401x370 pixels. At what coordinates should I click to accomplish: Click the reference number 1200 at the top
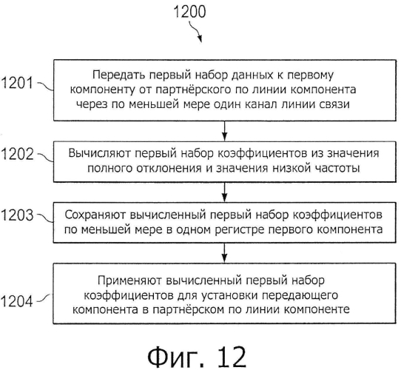tap(189, 12)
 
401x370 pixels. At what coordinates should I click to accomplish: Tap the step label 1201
tap(18, 83)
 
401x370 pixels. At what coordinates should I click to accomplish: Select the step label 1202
tap(18, 154)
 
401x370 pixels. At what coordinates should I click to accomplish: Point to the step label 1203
tap(18, 215)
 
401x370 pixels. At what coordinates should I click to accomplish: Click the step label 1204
tap(17, 301)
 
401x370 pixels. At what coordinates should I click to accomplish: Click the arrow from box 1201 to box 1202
tap(224, 130)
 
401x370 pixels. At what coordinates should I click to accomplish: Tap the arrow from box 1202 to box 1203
tap(224, 192)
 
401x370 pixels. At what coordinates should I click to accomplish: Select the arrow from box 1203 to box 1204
tap(224, 253)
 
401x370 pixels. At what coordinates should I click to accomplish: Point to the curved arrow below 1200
tap(195, 31)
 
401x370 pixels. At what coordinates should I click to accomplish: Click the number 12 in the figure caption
tap(232, 357)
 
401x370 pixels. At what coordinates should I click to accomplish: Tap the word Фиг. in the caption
tap(177, 357)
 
